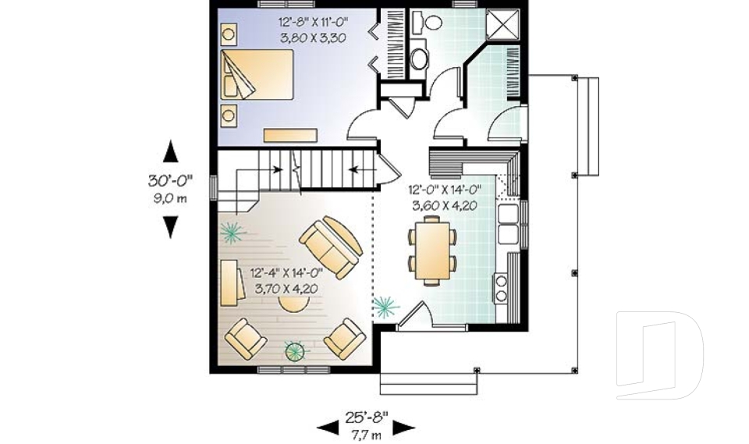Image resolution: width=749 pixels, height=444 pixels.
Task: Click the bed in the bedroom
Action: point(257,74)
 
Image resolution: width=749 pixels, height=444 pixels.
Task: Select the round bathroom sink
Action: point(420,59)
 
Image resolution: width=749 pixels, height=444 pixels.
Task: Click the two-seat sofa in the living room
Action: point(331,247)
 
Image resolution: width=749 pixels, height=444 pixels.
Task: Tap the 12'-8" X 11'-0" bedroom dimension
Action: point(314,22)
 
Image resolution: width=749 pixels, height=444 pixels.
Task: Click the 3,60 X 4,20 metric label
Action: point(445,206)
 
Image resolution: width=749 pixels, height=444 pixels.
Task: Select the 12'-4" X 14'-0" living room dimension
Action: point(286,273)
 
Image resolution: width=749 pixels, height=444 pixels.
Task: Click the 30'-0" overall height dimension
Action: point(170,180)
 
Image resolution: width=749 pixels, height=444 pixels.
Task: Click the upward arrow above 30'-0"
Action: point(171,151)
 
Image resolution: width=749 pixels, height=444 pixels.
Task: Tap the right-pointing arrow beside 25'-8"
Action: point(403,428)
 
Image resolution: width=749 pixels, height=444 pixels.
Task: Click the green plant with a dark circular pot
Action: point(296,351)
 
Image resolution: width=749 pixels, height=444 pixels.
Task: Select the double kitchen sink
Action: point(508,224)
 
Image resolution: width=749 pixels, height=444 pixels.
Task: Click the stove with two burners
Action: point(501,288)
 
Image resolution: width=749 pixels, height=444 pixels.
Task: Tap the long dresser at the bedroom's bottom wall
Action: point(290,135)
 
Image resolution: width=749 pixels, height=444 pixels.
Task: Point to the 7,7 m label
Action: point(367,435)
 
